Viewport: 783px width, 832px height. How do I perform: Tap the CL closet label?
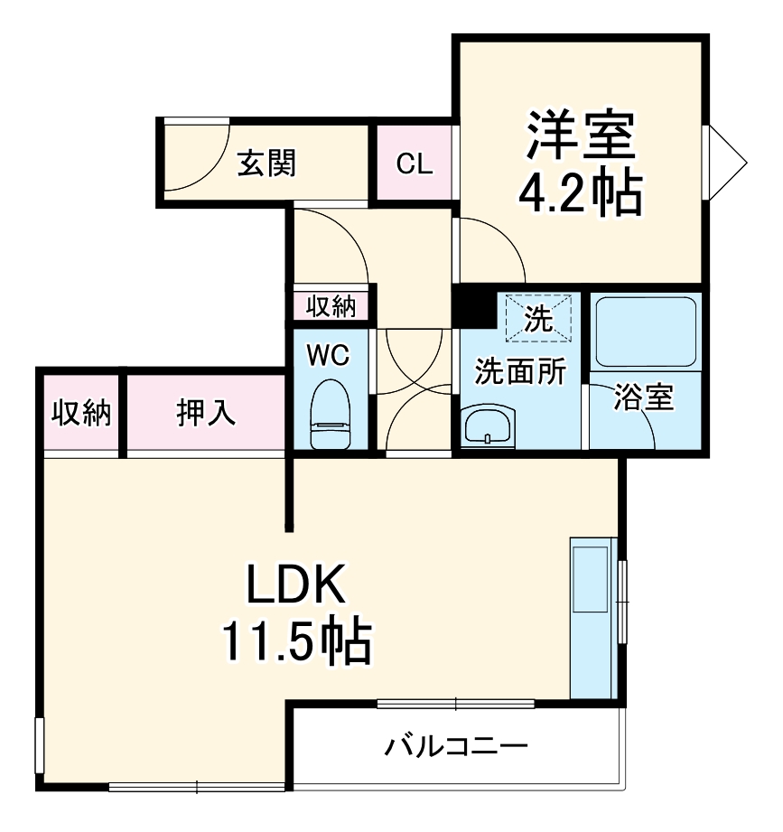click(x=415, y=164)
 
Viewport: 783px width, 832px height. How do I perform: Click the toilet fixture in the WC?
click(x=330, y=416)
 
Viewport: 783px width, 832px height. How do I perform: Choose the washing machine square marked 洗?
click(x=539, y=318)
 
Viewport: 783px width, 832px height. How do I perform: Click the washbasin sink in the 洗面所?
click(x=489, y=425)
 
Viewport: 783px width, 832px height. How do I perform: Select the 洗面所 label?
click(x=521, y=371)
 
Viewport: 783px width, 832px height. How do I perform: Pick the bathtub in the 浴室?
click(x=645, y=331)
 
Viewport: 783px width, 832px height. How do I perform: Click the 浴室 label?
click(x=644, y=398)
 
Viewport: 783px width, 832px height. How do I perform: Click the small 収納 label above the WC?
click(x=331, y=306)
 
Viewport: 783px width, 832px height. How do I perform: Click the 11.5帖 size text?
click(x=297, y=643)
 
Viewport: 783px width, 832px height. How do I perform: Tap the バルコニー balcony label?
click(x=456, y=746)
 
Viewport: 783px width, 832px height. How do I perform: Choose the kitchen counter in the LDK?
click(x=593, y=618)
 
